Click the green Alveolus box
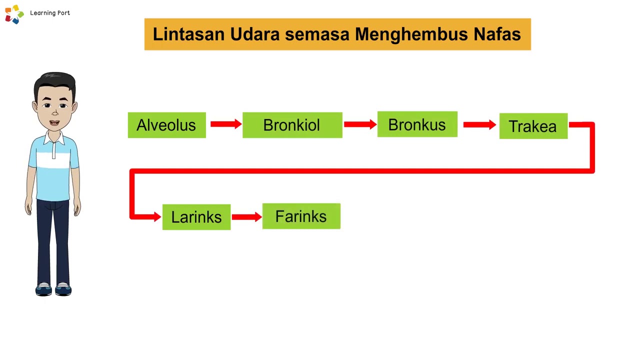166,125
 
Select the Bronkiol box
292,125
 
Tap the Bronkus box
417,124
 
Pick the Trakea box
533,126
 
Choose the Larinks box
196,217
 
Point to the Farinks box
301,216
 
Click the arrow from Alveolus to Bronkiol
225,124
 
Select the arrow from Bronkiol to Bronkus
359,124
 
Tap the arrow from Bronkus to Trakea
479,124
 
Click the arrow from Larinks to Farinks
246,216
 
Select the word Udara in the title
255,34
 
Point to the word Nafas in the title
497,34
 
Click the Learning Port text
50,13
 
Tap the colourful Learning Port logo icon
14,14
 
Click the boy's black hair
54,81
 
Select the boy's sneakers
53,289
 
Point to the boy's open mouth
54,123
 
